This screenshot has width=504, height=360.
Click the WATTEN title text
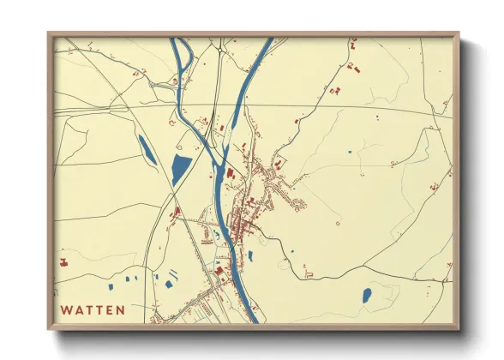pyautogui.click(x=93, y=309)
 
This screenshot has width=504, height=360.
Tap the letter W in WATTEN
pyautogui.click(x=66, y=309)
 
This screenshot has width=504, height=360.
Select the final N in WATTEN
pyautogui.click(x=121, y=309)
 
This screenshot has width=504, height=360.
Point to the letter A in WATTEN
pyautogui.click(x=78, y=309)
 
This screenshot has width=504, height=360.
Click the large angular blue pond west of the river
pyautogui.click(x=182, y=169)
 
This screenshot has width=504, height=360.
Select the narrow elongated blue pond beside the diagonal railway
pyautogui.click(x=147, y=150)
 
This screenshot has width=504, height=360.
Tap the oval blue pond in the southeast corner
pyautogui.click(x=367, y=296)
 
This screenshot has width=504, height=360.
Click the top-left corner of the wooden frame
pyautogui.click(x=49, y=33)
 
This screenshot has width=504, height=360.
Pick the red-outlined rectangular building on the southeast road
pyautogui.click(x=309, y=274)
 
